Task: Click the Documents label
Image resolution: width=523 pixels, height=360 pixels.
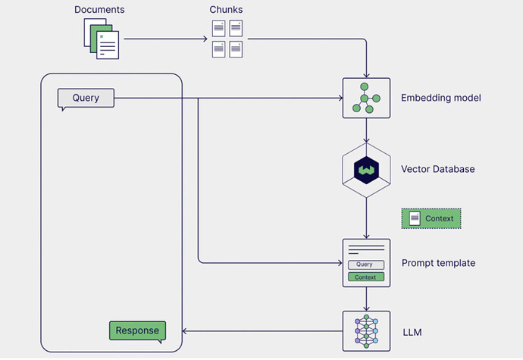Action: (99, 9)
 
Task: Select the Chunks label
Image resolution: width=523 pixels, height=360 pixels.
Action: (227, 9)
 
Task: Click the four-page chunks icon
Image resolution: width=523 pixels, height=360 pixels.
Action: (227, 39)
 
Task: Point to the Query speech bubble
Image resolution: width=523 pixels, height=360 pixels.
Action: (86, 99)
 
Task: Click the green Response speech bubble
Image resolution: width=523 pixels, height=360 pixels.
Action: (137, 331)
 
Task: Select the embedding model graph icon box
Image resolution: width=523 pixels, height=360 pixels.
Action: (366, 98)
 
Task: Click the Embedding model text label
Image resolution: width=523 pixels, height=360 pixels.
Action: (440, 98)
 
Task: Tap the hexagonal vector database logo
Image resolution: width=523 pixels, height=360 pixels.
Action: (366, 169)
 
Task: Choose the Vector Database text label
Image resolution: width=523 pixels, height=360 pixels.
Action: (437, 169)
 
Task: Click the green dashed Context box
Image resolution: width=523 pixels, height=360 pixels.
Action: (431, 219)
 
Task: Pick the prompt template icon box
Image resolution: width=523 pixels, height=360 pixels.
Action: (366, 263)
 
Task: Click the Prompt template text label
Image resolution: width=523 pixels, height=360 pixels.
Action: (438, 263)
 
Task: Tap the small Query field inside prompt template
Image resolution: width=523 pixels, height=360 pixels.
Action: (366, 265)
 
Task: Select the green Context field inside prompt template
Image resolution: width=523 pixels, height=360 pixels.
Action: (366, 277)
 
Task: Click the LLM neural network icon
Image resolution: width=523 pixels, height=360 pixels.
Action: (366, 330)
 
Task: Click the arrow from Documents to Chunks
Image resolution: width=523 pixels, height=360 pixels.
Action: (164, 39)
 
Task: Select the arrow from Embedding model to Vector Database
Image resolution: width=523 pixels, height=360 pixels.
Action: (366, 130)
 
